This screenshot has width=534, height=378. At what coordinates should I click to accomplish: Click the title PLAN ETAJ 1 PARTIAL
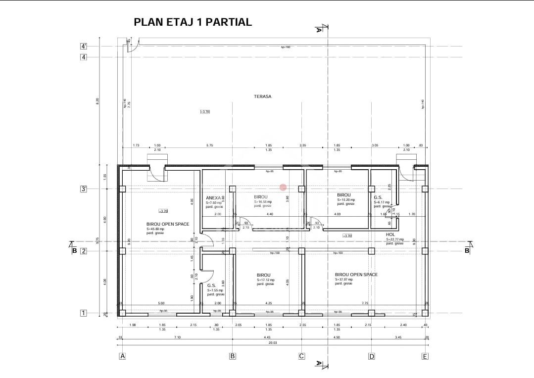(193, 22)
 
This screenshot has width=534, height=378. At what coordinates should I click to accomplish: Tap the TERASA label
(263, 97)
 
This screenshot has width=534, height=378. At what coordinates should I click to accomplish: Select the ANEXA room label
(213, 197)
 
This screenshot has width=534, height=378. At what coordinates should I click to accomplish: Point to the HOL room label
(390, 235)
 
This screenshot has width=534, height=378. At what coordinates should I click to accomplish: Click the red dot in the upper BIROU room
(283, 187)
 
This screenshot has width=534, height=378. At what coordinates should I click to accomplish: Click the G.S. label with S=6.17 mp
(378, 197)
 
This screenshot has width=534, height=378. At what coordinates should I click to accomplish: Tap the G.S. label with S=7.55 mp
(211, 285)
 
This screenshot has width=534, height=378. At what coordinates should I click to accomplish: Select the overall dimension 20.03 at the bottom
(273, 342)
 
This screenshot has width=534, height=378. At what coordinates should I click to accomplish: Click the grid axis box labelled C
(301, 356)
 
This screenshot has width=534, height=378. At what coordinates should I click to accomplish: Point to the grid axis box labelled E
(425, 356)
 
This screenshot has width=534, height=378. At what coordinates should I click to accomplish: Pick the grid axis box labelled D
(371, 356)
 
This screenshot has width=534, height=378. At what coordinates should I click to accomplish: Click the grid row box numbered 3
(84, 189)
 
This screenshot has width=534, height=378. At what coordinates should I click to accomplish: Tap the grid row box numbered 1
(84, 313)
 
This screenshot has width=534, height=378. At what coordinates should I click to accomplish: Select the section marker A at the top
(319, 29)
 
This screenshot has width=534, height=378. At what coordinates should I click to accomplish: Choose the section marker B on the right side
(467, 250)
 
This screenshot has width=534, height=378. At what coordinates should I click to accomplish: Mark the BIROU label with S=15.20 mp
(343, 195)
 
